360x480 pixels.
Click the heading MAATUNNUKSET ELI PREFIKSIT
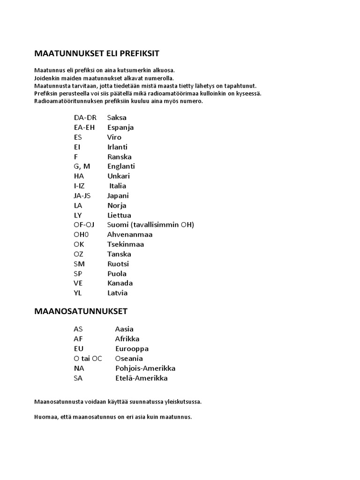pos(97,53)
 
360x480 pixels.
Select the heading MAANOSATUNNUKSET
pos(81,311)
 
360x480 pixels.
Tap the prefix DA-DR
pos(85,118)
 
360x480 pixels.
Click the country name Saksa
pos(117,118)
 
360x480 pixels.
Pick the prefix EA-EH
pos(84,127)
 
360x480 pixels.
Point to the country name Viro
pos(114,137)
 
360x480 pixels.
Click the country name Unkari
pos(119,176)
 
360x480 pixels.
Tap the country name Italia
pos(118,186)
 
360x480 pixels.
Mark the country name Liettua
pos(119,215)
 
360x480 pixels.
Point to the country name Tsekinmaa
pos(125,244)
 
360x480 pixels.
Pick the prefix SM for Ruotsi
pos(79,264)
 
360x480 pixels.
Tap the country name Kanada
pos(120,283)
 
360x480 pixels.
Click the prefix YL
pos(78,293)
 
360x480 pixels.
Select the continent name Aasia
pos(124,329)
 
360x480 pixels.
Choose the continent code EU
pos(78,349)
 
